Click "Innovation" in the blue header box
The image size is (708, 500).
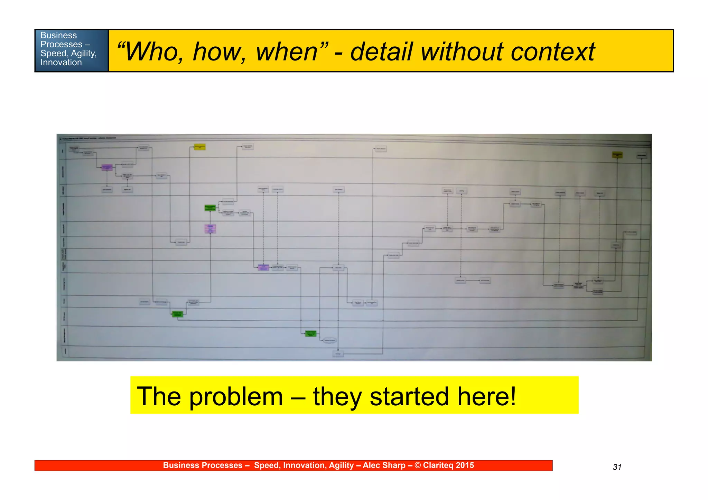click(x=61, y=63)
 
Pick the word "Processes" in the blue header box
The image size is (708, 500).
click(x=61, y=45)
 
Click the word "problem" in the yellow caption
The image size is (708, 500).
click(x=236, y=396)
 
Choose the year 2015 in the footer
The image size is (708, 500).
click(x=465, y=465)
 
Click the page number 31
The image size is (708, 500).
click(x=617, y=467)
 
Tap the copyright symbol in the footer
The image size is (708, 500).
click(x=418, y=465)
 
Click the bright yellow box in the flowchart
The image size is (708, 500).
click(x=200, y=147)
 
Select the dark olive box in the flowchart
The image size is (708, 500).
click(x=617, y=155)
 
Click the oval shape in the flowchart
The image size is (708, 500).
click(x=329, y=341)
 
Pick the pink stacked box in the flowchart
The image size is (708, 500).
click(x=210, y=229)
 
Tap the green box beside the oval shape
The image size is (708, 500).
click(x=310, y=333)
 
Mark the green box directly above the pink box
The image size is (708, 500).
click(x=210, y=208)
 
